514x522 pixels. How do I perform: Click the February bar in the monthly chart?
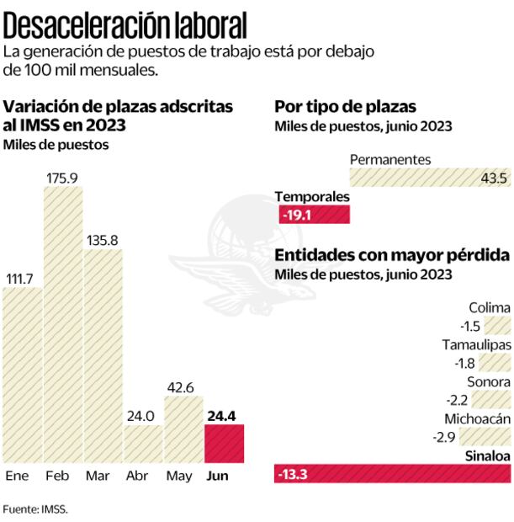click(63, 324)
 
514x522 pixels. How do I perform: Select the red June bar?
click(225, 444)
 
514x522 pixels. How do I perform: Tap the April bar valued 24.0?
click(143, 444)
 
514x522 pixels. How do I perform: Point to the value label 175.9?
click(63, 178)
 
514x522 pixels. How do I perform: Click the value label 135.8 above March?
click(103, 240)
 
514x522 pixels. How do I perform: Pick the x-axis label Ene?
click(18, 477)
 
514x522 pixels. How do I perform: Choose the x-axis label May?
click(180, 477)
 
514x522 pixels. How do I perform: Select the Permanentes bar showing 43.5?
click(429, 178)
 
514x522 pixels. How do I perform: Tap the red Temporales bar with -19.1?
click(313, 215)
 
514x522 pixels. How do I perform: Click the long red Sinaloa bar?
click(392, 475)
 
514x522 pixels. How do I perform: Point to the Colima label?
click(490, 308)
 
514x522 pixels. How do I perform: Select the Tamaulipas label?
click(476, 345)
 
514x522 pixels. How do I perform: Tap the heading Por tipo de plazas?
click(346, 107)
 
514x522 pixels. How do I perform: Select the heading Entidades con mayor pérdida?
click(391, 254)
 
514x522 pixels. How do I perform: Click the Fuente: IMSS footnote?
click(34, 509)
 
